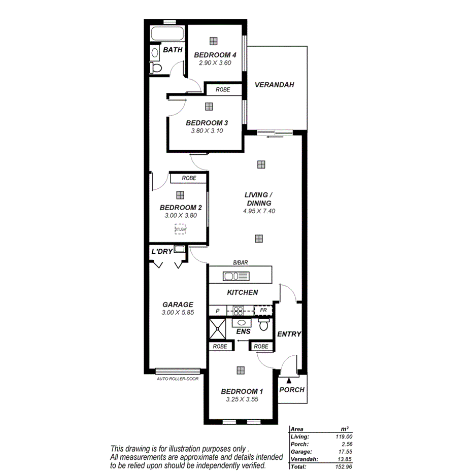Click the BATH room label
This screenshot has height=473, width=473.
coord(173,50)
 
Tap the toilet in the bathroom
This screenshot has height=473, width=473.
coord(156,67)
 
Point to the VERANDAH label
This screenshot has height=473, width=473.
coord(274,85)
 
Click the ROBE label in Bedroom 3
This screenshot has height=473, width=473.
coord(223,89)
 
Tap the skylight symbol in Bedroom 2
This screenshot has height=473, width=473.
coord(180,229)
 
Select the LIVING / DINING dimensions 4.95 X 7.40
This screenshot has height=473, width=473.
coord(259,211)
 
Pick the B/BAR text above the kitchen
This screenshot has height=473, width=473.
coord(240,263)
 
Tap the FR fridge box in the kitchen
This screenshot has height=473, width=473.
coord(263,310)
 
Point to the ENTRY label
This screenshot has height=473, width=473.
coord(289,334)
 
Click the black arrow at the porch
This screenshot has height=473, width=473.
coord(288,379)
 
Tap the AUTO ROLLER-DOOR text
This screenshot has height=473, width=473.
coord(178,379)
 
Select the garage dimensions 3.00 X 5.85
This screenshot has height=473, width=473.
coord(178,313)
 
